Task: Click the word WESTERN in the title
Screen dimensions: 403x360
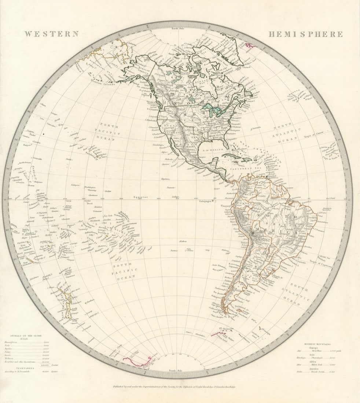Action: tap(52, 34)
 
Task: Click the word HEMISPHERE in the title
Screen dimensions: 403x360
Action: tap(305, 34)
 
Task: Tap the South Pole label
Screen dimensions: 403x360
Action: tap(176, 371)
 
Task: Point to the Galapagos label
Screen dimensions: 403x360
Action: tap(206, 201)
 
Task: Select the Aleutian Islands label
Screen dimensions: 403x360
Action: tap(104, 84)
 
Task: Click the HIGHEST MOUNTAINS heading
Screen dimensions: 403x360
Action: tap(317, 344)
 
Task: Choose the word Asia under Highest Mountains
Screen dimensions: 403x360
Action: tap(317, 354)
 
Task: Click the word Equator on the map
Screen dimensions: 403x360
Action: tap(140, 197)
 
